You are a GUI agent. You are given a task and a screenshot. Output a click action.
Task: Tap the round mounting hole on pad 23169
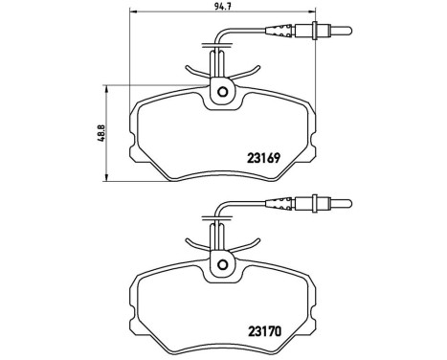(222, 93)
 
